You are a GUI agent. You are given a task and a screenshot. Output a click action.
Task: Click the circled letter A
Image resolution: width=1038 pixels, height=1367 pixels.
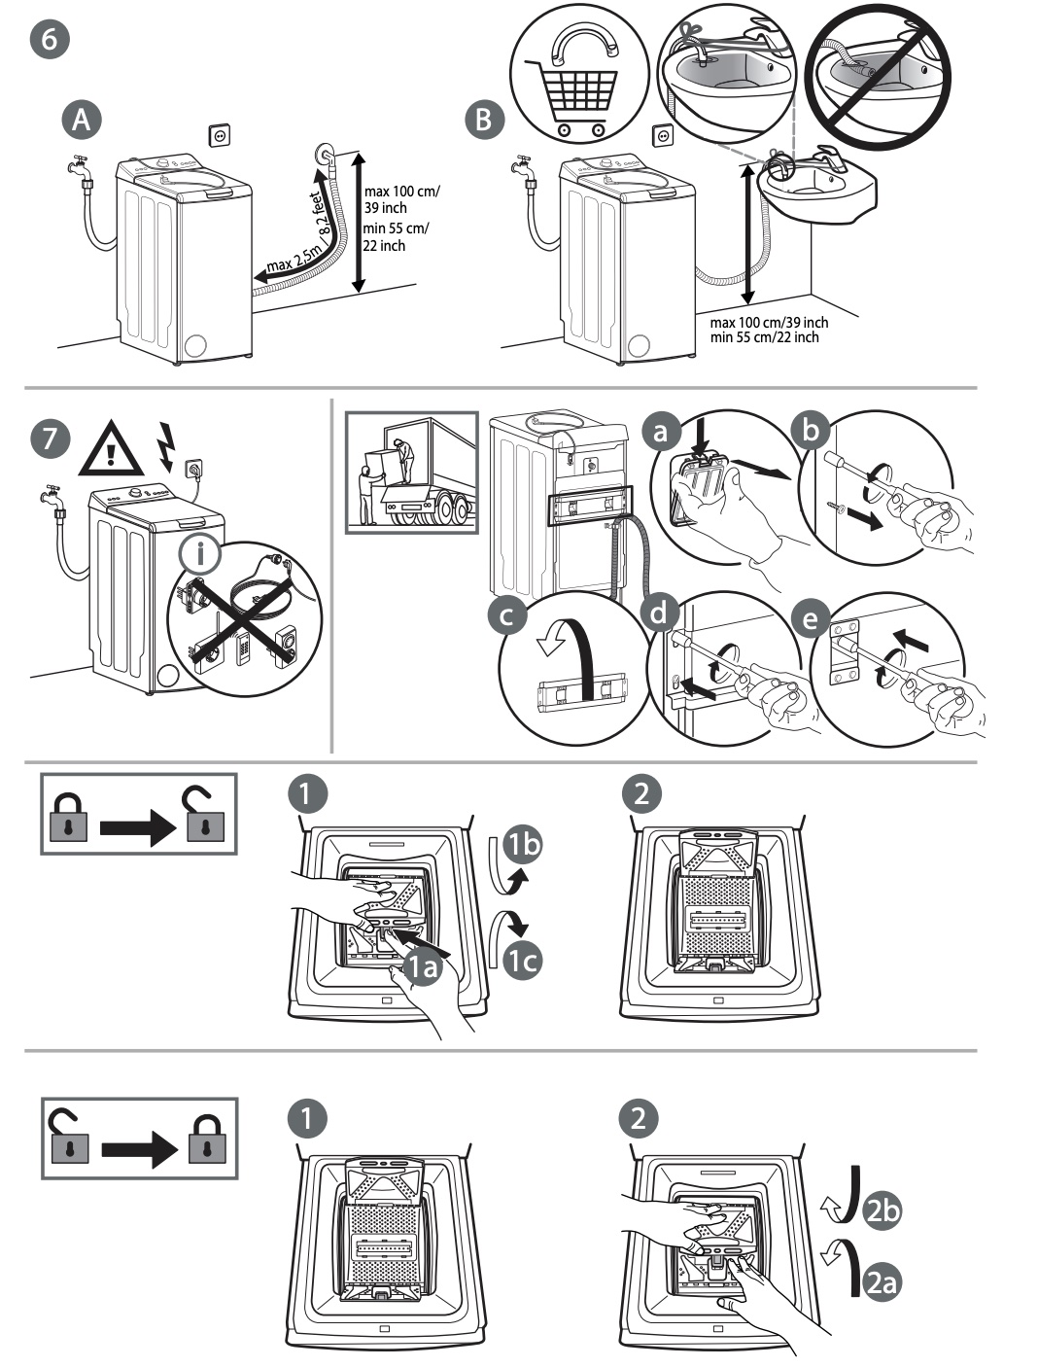click(x=82, y=120)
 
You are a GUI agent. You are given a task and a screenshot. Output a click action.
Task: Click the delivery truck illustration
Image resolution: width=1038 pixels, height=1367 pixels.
click(x=411, y=473)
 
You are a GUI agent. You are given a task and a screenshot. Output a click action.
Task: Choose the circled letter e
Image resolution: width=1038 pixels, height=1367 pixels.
click(x=811, y=617)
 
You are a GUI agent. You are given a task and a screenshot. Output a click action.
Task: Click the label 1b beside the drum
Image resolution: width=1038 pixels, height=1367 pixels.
click(x=523, y=844)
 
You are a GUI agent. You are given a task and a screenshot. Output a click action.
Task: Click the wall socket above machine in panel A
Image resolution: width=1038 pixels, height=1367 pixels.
click(x=221, y=135)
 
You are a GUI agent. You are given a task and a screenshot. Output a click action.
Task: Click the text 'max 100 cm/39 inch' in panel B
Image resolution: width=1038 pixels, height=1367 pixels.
click(x=769, y=323)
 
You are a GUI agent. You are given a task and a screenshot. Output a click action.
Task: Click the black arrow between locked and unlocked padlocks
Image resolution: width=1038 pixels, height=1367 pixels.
click(x=140, y=828)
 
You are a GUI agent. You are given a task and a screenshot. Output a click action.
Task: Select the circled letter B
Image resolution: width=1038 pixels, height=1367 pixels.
click(x=486, y=120)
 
